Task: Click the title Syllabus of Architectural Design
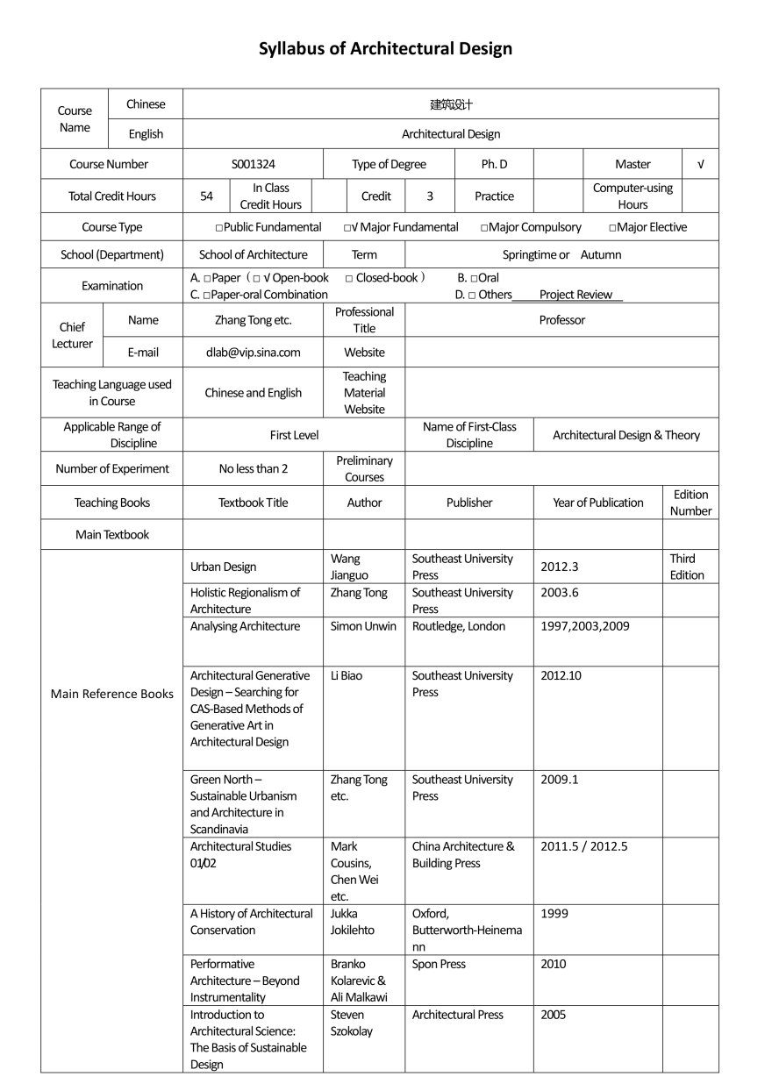[385, 49]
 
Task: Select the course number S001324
[253, 164]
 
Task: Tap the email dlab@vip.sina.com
[253, 353]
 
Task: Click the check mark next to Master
[699, 164]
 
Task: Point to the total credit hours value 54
[206, 196]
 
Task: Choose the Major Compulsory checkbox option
[531, 227]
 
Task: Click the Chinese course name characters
[451, 104]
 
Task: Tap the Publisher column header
[468, 503]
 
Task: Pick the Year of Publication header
[597, 503]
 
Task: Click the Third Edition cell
[687, 567]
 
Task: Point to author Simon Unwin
[363, 626]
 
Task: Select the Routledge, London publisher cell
[459, 626]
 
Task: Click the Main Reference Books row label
[111, 694]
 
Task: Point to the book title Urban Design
[223, 567]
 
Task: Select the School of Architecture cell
[253, 254]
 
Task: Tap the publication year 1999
[554, 913]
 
